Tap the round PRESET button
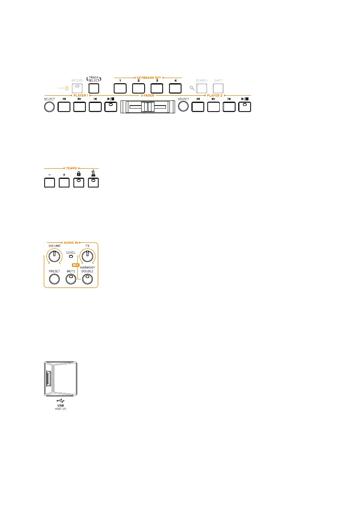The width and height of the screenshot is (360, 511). click(54, 279)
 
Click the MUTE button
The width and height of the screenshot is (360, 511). click(71, 279)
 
